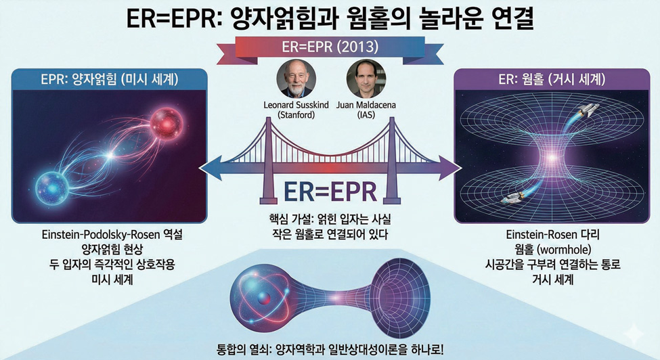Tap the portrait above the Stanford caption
point(296,79)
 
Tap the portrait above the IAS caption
point(366,79)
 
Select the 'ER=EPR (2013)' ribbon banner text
point(330,46)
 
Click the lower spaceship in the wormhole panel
point(512,196)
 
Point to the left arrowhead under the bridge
point(211,168)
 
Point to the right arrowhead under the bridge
point(449,168)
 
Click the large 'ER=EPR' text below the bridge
point(330,192)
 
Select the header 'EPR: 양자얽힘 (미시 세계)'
point(110,79)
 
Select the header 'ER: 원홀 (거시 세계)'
point(552,79)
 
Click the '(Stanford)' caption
point(296,114)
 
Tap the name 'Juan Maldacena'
point(366,105)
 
